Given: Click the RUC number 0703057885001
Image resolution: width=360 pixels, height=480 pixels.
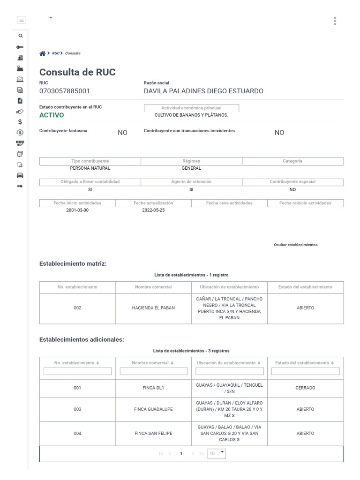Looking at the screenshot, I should tap(64, 91).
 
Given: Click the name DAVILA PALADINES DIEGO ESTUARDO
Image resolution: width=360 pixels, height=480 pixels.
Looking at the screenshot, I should tap(203, 91).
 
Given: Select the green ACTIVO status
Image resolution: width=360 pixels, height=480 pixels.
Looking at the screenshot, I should tap(52, 115).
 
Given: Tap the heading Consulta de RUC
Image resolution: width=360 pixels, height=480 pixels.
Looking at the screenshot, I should tap(77, 72).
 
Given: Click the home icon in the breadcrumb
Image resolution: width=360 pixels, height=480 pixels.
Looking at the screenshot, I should tap(42, 53).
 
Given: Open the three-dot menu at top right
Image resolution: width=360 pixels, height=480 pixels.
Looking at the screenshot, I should tap(335, 21).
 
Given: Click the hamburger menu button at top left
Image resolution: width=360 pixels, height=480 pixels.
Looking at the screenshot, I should tap(21, 20).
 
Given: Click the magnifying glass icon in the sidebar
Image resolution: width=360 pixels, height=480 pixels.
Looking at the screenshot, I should tap(20, 36).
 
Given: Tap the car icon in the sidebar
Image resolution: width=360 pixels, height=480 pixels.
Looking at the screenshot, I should tap(20, 175).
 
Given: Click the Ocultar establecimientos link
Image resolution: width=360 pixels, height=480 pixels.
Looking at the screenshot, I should tap(295, 245).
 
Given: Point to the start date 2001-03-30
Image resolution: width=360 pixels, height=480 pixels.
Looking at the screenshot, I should tap(77, 210).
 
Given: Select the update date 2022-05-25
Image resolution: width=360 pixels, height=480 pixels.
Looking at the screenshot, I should tap(153, 210).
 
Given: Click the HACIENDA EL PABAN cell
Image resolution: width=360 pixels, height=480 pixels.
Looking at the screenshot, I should tap(153, 308).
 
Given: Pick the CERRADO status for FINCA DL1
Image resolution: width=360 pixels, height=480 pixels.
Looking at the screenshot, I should tap(305, 388).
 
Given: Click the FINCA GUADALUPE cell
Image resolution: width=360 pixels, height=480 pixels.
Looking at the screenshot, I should tap(153, 409).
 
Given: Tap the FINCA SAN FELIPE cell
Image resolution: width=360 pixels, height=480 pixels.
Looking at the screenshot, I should tap(153, 434).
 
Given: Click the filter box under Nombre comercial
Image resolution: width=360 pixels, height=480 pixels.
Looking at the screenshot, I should tap(153, 371).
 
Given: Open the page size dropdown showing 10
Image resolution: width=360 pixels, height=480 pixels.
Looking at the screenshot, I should tap(217, 453).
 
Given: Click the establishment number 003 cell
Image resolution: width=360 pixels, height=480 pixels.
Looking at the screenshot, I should tap(77, 409).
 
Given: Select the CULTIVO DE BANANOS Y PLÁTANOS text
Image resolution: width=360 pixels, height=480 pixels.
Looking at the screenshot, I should tap(191, 115).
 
